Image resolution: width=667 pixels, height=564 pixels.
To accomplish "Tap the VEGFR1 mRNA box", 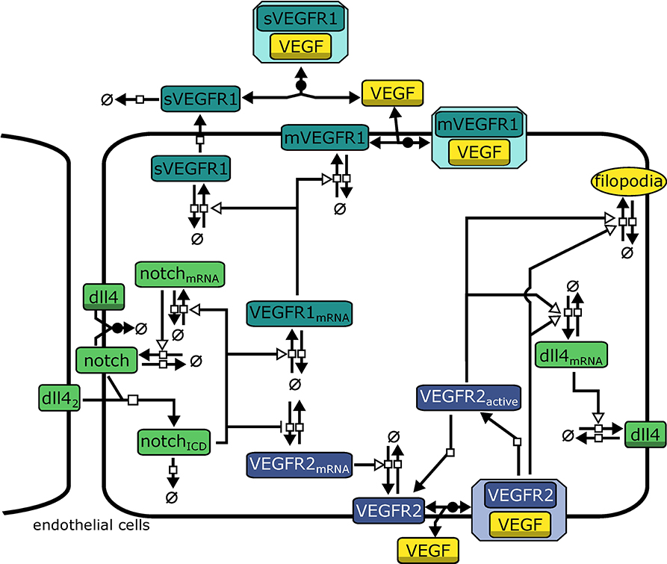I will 299,313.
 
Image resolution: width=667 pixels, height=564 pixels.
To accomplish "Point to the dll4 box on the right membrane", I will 645,436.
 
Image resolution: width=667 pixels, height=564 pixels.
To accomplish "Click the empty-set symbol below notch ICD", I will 172,497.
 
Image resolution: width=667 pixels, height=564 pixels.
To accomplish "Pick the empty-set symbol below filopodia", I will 627,254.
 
